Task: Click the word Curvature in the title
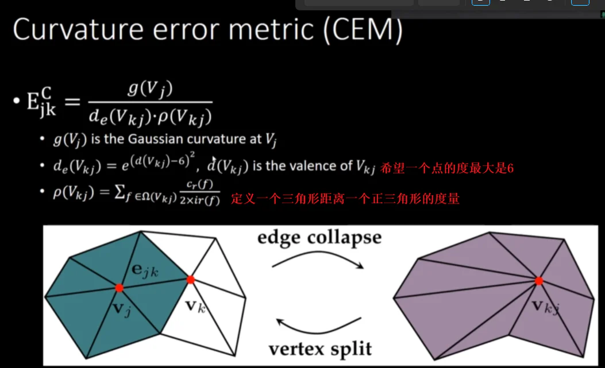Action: click(78, 29)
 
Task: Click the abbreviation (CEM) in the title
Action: click(363, 30)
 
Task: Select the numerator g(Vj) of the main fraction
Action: click(150, 89)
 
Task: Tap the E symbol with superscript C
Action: click(41, 102)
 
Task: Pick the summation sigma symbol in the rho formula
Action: click(120, 192)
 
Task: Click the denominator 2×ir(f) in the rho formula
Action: click(200, 200)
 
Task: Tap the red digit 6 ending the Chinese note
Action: click(510, 168)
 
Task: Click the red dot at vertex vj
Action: click(120, 288)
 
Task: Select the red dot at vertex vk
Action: click(191, 280)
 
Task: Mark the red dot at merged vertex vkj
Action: click(539, 281)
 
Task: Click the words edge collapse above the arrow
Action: click(319, 237)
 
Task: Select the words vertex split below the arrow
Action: click(320, 349)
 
